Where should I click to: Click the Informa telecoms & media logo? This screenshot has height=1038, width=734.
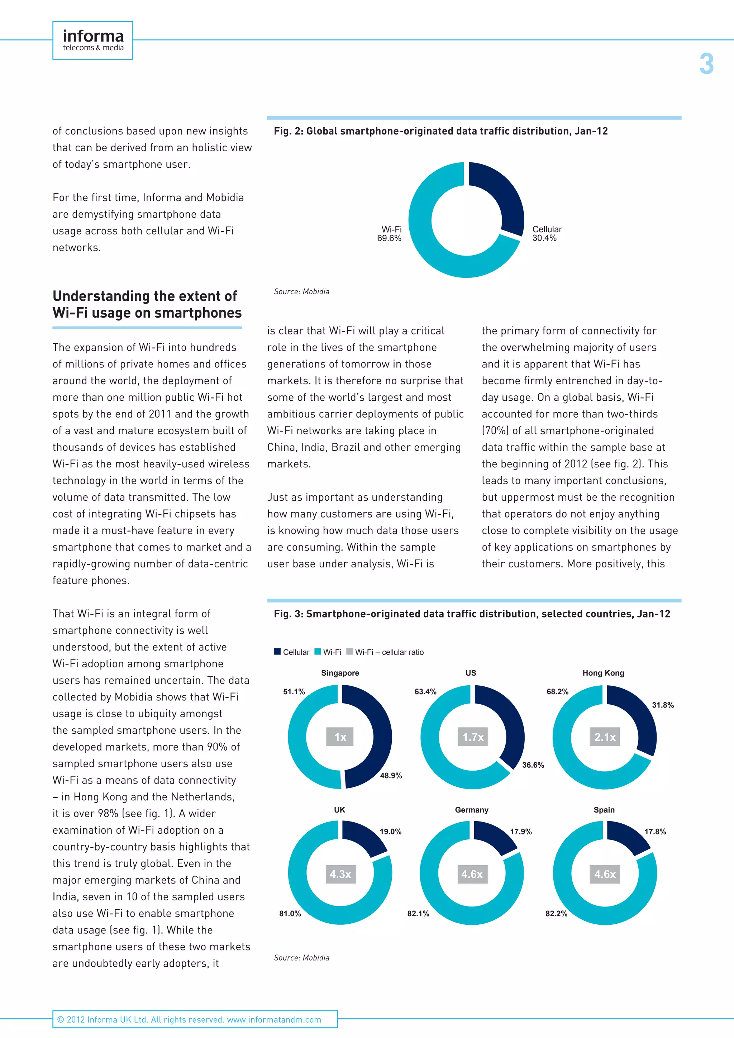point(93,40)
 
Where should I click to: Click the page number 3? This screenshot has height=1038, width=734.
point(706,64)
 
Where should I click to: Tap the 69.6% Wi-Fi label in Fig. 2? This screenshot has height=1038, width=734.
point(390,234)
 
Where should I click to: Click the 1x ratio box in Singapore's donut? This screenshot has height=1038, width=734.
point(340,737)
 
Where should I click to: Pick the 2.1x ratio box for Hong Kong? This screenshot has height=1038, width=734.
point(605,737)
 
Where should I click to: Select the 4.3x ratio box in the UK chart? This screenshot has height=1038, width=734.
point(340,874)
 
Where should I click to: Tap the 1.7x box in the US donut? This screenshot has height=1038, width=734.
point(473,737)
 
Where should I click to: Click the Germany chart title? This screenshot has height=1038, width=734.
point(471,810)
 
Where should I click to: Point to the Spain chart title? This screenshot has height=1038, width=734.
point(604,810)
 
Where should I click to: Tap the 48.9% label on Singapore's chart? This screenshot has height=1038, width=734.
point(391,775)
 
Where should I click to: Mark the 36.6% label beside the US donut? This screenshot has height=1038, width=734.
point(533,765)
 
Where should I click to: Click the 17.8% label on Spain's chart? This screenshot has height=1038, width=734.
point(655,832)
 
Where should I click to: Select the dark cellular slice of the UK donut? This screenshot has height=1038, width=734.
point(363,837)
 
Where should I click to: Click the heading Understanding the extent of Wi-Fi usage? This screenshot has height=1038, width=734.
point(147,304)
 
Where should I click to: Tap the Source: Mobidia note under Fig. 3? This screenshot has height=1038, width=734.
point(301,957)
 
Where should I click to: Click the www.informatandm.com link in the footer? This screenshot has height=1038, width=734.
point(274,1019)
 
